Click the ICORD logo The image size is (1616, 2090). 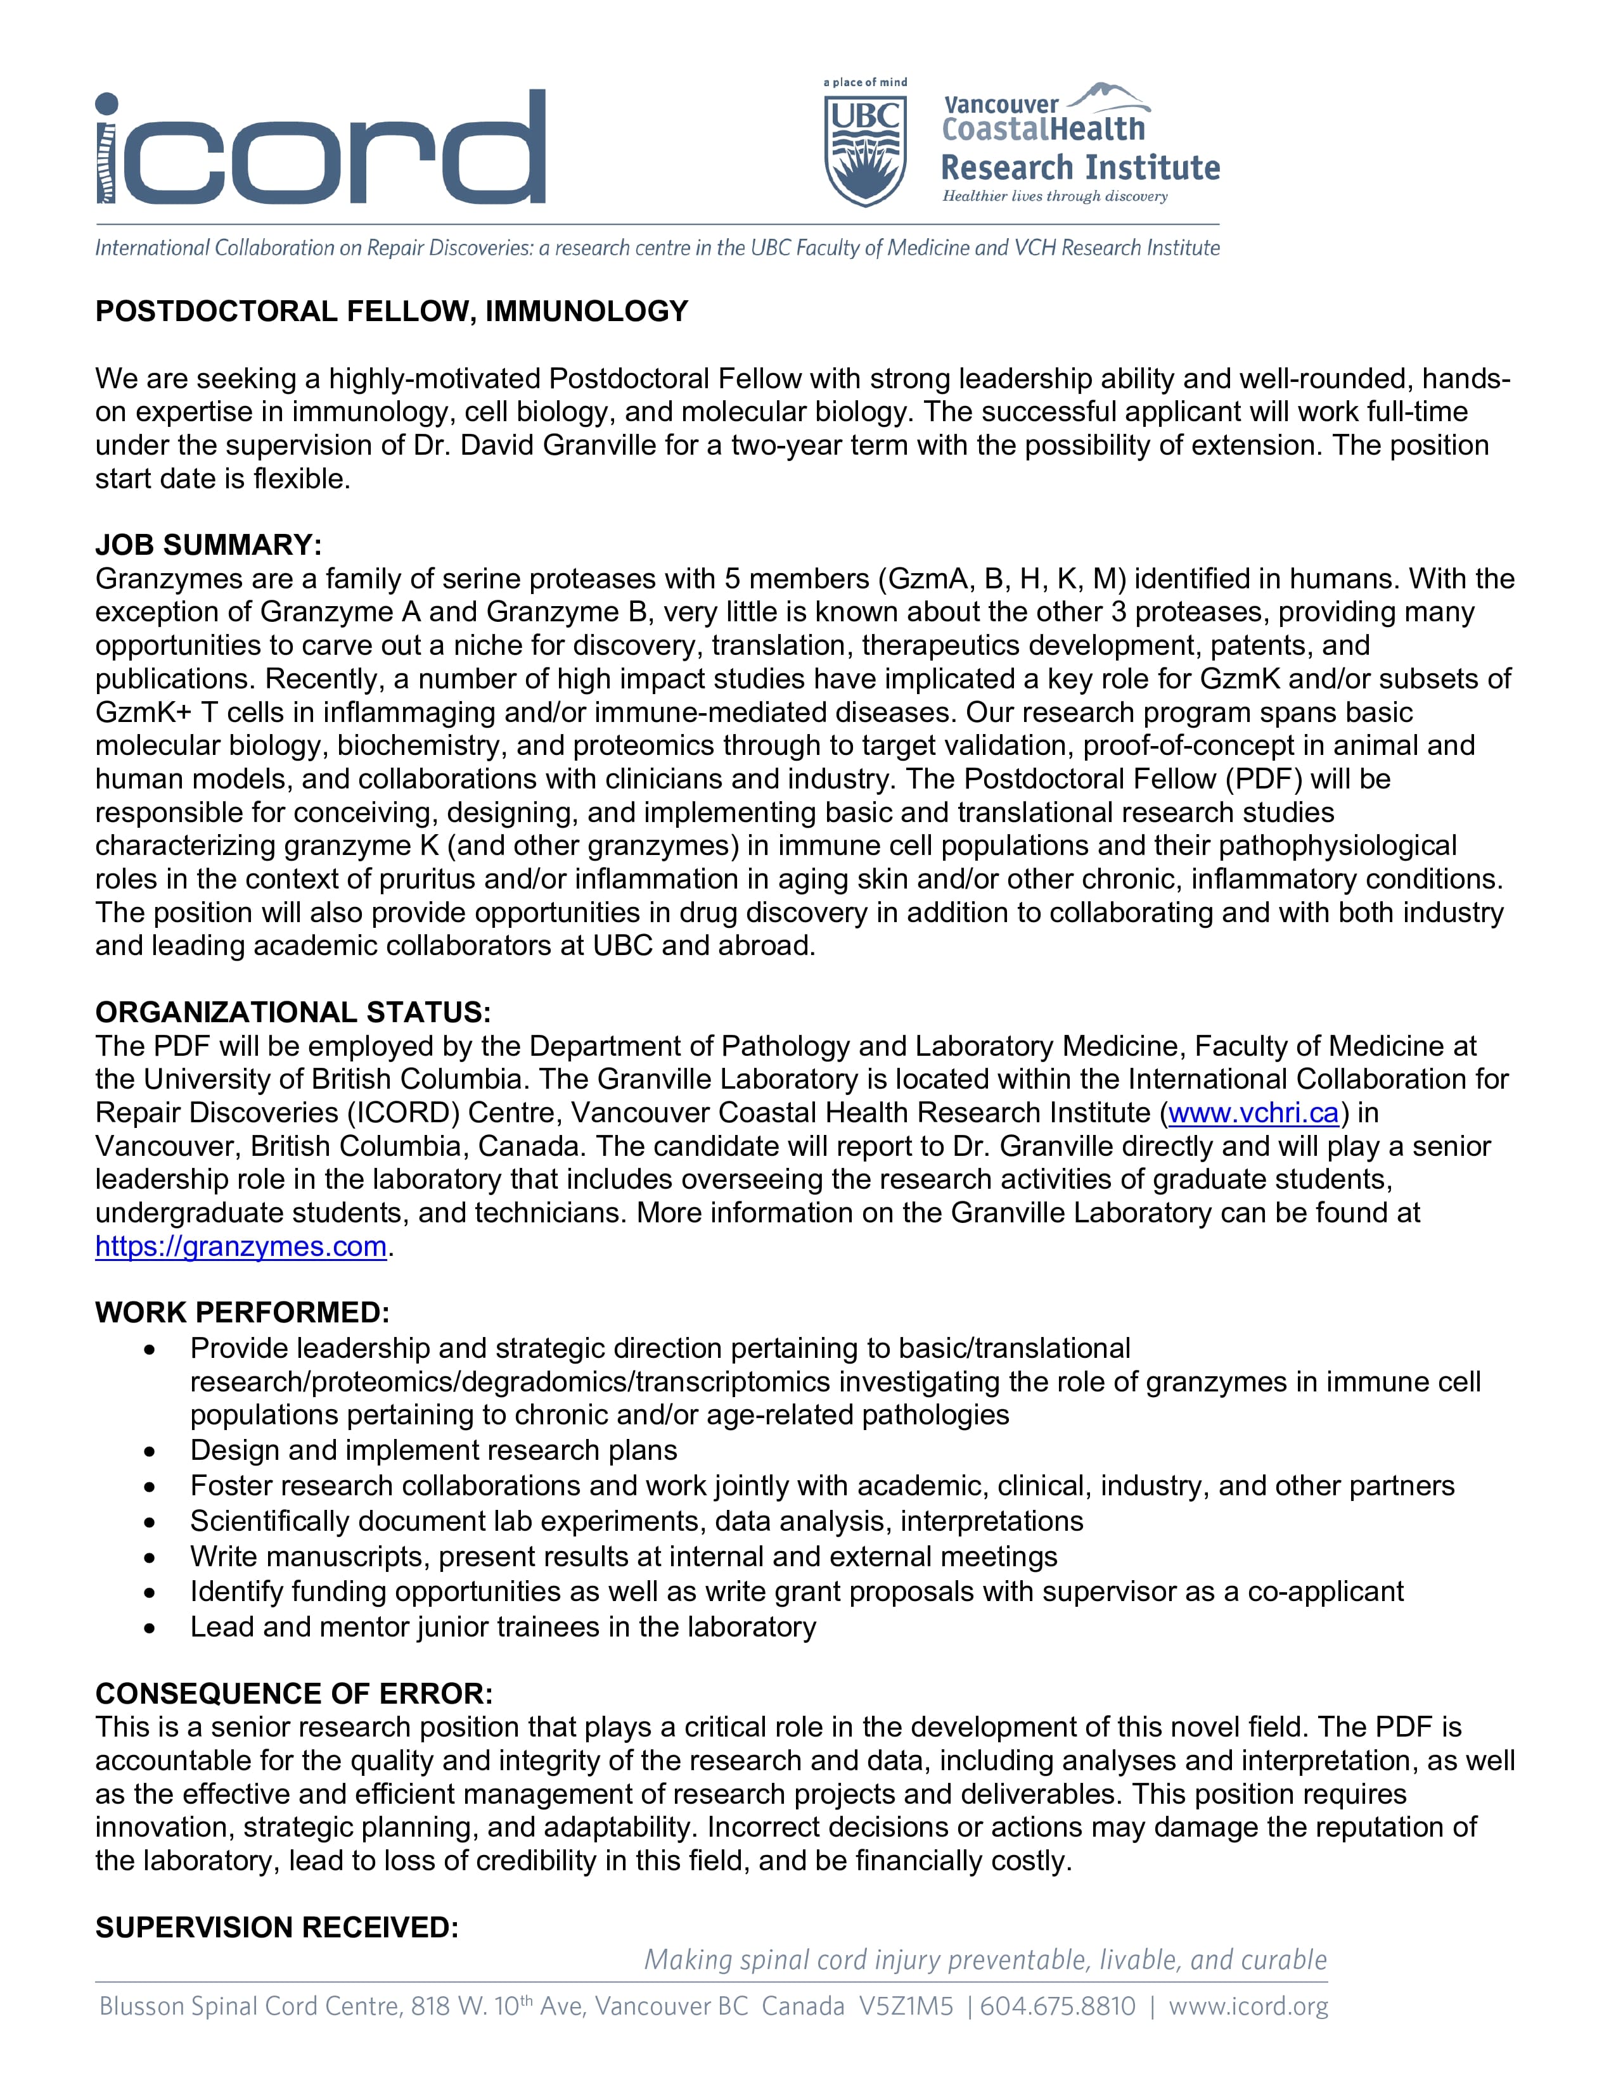(320, 148)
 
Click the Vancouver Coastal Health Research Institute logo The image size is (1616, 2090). (1080, 144)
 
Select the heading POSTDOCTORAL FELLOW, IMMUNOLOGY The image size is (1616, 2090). (392, 311)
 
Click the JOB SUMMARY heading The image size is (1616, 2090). (208, 545)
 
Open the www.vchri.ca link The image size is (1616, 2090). (1253, 1112)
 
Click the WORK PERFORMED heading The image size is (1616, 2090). (242, 1312)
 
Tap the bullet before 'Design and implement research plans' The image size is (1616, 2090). (150, 1451)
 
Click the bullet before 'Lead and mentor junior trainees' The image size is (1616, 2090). (150, 1627)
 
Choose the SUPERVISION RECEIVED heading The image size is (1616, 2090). (277, 1927)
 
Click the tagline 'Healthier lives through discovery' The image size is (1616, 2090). (1055, 196)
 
